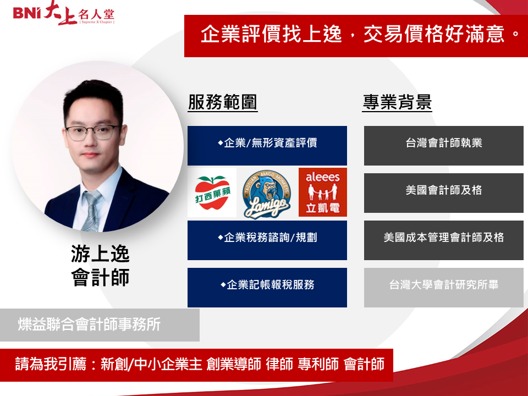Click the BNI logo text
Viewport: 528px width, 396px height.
(27, 13)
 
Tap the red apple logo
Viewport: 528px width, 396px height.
(212, 193)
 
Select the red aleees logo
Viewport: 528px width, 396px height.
(323, 192)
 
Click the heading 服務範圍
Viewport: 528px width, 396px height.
(223, 102)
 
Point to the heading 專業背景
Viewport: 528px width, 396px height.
(397, 102)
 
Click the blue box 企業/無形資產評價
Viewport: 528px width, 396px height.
(267, 145)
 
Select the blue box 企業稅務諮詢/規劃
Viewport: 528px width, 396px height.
(267, 240)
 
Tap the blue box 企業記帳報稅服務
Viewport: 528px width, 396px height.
(267, 288)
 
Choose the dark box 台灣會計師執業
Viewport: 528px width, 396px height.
(443, 145)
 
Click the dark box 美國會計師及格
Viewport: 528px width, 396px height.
(443, 193)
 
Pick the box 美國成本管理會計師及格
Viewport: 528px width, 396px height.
(443, 240)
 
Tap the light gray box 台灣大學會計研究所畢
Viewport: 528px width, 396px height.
(443, 288)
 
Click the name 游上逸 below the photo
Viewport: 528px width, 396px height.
(100, 254)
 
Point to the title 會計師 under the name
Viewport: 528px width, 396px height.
(100, 277)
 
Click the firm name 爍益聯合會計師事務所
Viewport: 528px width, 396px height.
(89, 324)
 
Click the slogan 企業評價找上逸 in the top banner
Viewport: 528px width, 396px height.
(271, 34)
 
